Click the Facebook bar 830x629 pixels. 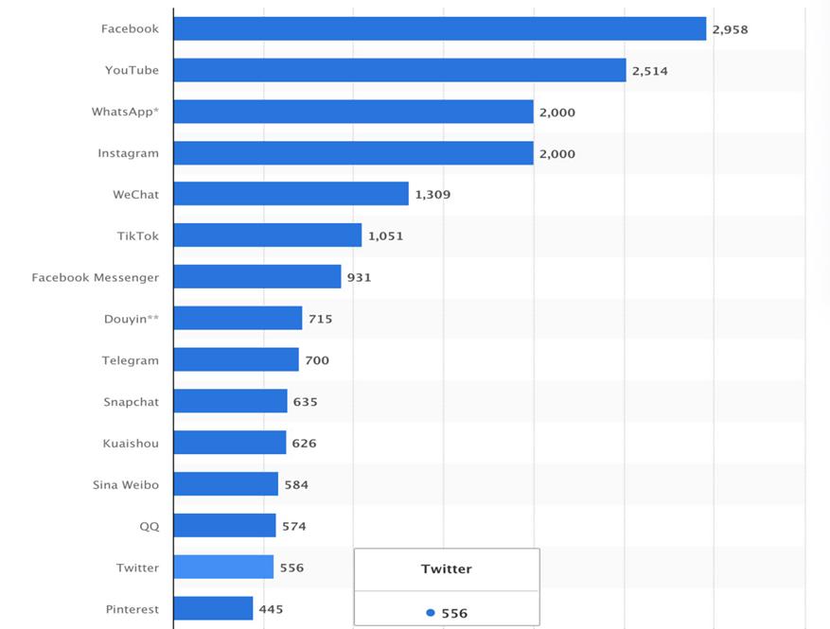click(439, 28)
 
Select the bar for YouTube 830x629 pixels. click(399, 70)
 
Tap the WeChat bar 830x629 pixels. click(291, 194)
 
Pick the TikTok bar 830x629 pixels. click(267, 236)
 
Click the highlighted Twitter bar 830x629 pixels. click(223, 568)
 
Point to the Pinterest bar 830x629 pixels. click(213, 609)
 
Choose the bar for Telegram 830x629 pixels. click(236, 360)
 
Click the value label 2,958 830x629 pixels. click(730, 29)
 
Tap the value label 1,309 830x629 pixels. click(433, 195)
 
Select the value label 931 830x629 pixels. click(359, 277)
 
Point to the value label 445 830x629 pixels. click(271, 609)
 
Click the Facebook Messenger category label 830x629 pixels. click(95, 277)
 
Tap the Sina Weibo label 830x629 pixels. click(126, 484)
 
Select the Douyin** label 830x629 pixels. click(132, 319)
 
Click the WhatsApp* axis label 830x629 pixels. click(125, 112)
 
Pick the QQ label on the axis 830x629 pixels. click(150, 526)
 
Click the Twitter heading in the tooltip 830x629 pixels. click(446, 569)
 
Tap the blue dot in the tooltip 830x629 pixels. click(431, 613)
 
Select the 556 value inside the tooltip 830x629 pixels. click(454, 613)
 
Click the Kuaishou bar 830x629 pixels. click(229, 443)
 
